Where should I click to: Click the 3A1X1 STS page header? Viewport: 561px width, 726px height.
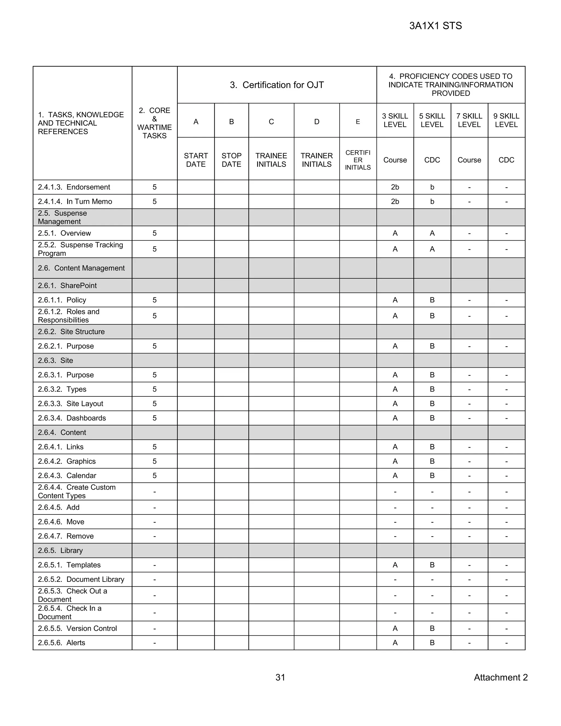pyautogui.click(x=435, y=26)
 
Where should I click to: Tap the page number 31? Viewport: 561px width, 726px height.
pyautogui.click(x=280, y=677)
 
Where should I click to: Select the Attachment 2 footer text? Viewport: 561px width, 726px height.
pyautogui.click(x=500, y=677)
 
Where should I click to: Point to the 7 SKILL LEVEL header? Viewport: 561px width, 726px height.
pyautogui.click(x=469, y=120)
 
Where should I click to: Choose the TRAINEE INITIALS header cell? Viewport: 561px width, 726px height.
pyautogui.click(x=271, y=160)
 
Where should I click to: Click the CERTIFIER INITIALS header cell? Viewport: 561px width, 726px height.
pyautogui.click(x=357, y=160)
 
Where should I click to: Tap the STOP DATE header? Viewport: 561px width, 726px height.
pyautogui.click(x=231, y=160)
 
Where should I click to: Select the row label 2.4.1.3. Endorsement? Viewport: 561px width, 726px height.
pyautogui.click(x=74, y=187)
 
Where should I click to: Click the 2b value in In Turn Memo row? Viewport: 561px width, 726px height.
pyautogui.click(x=395, y=201)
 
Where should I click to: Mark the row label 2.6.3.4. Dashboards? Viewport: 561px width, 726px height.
pyautogui.click(x=72, y=418)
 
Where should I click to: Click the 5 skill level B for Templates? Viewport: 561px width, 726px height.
pyautogui.click(x=432, y=565)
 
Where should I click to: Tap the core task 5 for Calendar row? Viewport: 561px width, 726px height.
pyautogui.click(x=154, y=475)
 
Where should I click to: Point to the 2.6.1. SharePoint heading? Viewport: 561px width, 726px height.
pyautogui.click(x=67, y=285)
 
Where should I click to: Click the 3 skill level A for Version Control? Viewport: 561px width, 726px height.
pyautogui.click(x=395, y=628)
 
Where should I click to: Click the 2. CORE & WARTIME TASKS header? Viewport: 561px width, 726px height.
pyautogui.click(x=154, y=123)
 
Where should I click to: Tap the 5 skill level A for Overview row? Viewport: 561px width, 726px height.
pyautogui.click(x=432, y=233)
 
